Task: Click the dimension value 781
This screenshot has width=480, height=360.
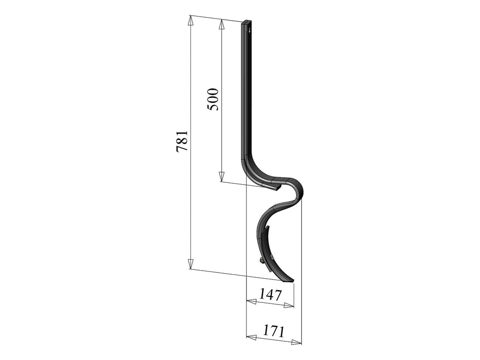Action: tap(182, 141)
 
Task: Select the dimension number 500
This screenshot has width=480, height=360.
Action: tap(213, 99)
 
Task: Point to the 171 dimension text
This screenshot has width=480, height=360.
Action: tap(273, 331)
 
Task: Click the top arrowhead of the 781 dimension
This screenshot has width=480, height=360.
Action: tap(190, 20)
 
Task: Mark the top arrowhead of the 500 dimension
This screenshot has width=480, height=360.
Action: tap(221, 23)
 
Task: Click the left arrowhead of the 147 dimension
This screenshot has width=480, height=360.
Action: tap(250, 301)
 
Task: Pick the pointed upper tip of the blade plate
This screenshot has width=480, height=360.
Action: tap(269, 228)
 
